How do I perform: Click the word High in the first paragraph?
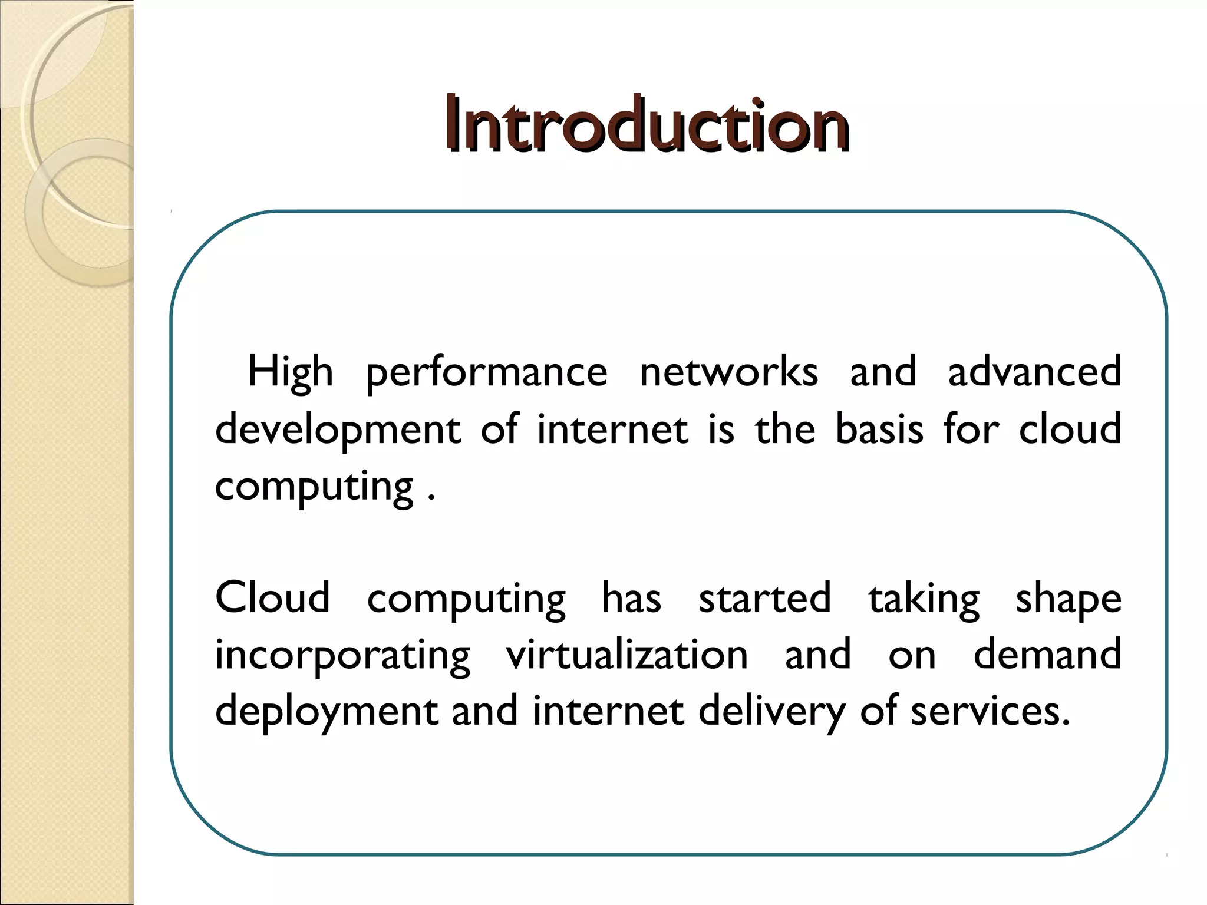click(290, 372)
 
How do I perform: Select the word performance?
click(486, 372)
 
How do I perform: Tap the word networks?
click(728, 372)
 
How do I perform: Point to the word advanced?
click(1034, 372)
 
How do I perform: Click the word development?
click(338, 429)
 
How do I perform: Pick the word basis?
click(879, 429)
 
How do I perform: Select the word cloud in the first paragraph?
click(1070, 429)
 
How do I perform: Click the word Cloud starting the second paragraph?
click(272, 597)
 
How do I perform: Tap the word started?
click(764, 597)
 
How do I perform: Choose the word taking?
click(924, 597)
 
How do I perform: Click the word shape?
click(1068, 597)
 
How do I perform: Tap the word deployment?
click(327, 711)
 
